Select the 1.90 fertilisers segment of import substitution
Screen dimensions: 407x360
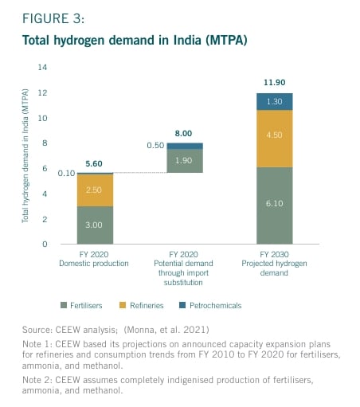185,160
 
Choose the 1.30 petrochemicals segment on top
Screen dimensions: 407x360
274,102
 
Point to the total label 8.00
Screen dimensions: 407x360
185,135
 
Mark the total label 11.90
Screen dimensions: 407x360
274,84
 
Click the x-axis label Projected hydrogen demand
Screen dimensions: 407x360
274,271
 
